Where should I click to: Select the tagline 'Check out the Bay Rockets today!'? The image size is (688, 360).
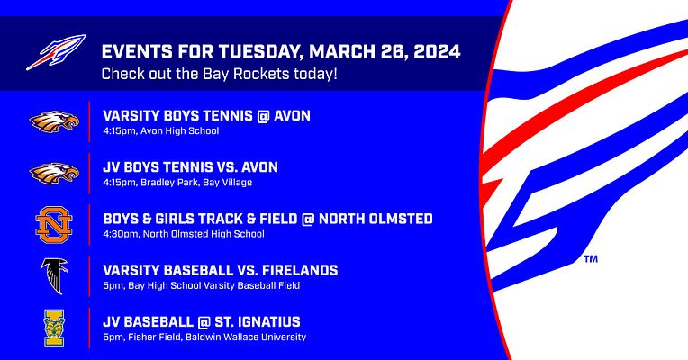[219, 73]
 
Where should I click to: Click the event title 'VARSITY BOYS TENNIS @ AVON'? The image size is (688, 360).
[206, 116]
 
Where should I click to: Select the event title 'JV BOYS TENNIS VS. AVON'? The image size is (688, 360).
[190, 167]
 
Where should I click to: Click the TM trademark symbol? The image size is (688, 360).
[591, 259]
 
